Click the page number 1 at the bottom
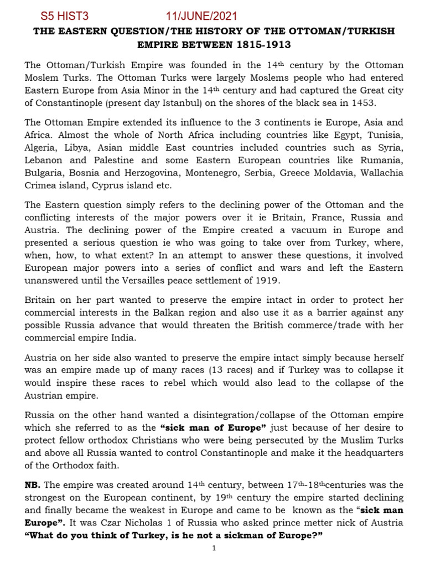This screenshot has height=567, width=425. (x=214, y=549)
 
